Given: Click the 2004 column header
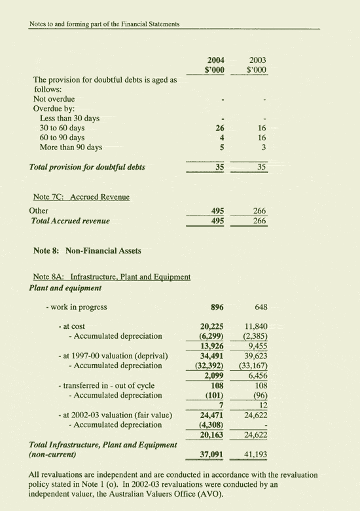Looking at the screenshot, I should click(216, 60).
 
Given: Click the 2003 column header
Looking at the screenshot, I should click(257, 60).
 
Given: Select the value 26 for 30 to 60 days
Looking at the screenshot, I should click(220, 128).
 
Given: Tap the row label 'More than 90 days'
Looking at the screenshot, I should click(71, 148).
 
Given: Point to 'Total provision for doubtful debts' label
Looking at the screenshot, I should click(88, 167).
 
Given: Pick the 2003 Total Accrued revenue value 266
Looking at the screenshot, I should click(259, 221).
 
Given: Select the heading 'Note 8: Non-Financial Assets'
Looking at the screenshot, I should click(87, 251).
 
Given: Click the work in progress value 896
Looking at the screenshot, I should click(218, 307).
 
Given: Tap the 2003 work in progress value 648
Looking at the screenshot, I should click(261, 307).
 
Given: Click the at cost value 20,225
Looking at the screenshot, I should click(212, 326).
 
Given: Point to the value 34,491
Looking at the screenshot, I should click(212, 356).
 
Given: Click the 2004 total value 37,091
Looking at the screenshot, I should click(212, 453).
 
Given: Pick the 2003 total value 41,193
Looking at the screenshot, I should click(256, 453).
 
